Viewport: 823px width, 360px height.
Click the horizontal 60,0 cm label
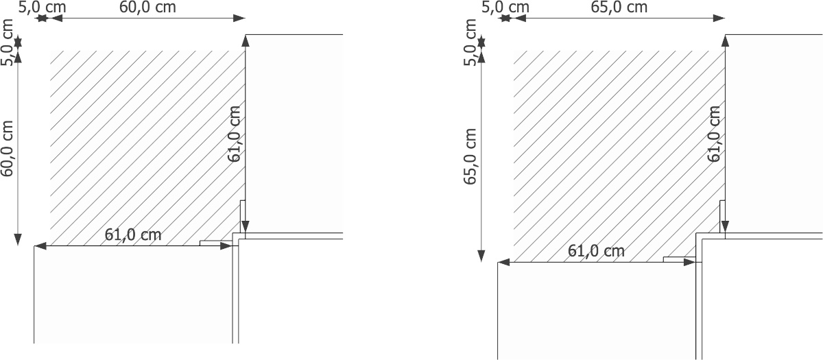pyautogui.click(x=147, y=8)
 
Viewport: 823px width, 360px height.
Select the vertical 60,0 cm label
pyautogui.click(x=8, y=148)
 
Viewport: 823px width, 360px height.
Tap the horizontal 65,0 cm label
pyautogui.click(x=619, y=8)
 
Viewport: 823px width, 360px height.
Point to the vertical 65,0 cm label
pyautogui.click(x=470, y=156)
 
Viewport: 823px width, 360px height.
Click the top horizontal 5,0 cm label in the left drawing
pyautogui.click(x=43, y=8)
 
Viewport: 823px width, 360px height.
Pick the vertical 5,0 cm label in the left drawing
pyautogui.click(x=8, y=43)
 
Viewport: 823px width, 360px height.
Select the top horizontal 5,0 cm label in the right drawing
pyautogui.click(x=505, y=8)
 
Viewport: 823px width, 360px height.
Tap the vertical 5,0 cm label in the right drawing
pyautogui.click(x=470, y=43)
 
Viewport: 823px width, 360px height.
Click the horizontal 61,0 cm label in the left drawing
pyautogui.click(x=133, y=235)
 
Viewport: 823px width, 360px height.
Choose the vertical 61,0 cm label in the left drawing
pyautogui.click(x=234, y=134)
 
